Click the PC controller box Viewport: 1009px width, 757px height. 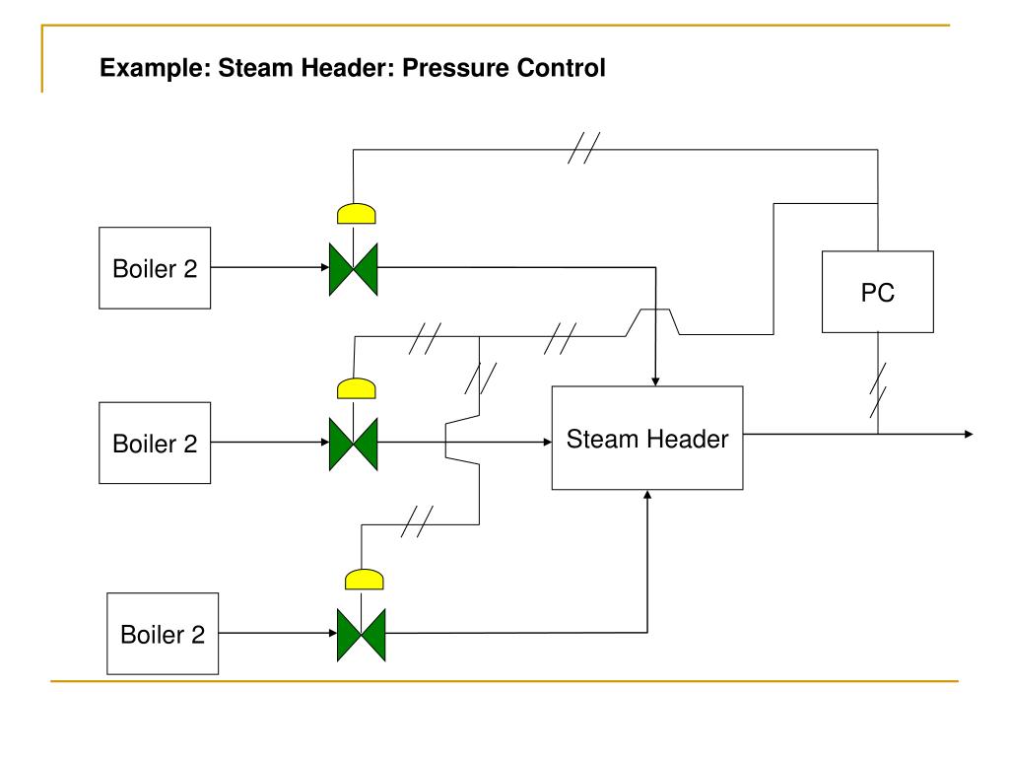tap(877, 292)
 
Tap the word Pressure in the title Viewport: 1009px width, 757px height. tap(455, 68)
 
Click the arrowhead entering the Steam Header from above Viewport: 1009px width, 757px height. tap(655, 381)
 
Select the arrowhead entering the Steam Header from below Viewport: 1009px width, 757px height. tap(647, 495)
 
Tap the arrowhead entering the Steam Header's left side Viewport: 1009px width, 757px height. tap(548, 443)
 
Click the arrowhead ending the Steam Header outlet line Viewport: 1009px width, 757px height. tap(969, 435)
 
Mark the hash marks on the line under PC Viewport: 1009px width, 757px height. tap(878, 390)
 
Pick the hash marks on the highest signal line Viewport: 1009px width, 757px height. tap(583, 148)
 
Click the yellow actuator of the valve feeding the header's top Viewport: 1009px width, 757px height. tap(356, 213)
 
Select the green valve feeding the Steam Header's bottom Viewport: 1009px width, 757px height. tap(361, 635)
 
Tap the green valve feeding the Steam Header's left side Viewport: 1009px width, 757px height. tap(354, 445)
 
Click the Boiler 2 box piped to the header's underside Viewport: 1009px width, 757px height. tap(163, 634)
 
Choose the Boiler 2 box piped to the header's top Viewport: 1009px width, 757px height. tap(155, 268)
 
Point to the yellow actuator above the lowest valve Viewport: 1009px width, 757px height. tap(365, 580)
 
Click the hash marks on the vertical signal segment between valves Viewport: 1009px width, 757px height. tap(480, 378)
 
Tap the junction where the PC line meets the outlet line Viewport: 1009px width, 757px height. tap(878, 435)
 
